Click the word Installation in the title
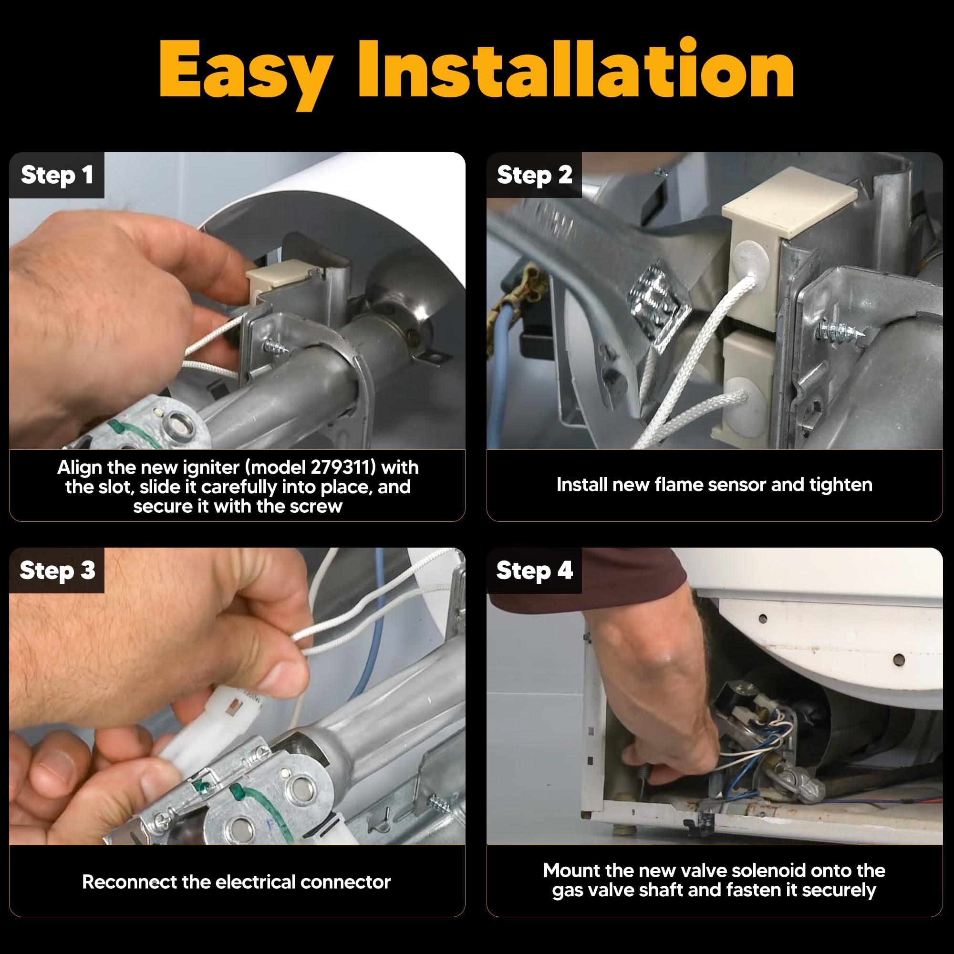pyautogui.click(x=576, y=68)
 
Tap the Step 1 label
pyautogui.click(x=57, y=175)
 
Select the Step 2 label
pyautogui.click(x=534, y=175)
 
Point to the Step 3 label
pyautogui.click(x=57, y=571)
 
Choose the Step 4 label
pyautogui.click(x=534, y=571)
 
